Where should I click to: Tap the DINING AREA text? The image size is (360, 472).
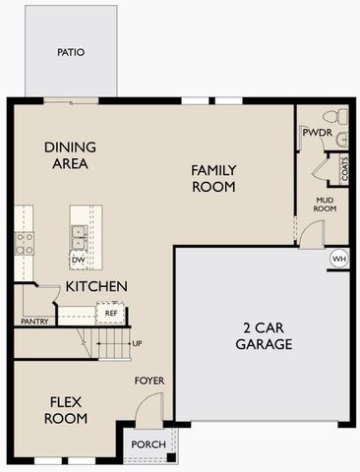[67, 155]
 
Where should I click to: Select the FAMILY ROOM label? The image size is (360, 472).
[212, 177]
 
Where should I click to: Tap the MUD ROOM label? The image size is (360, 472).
[326, 204]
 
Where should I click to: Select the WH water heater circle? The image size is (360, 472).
[339, 259]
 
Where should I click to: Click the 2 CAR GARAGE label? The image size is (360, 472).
[264, 335]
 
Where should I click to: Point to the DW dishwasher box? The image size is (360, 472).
[78, 260]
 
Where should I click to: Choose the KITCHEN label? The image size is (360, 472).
[95, 286]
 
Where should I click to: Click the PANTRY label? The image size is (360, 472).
[34, 321]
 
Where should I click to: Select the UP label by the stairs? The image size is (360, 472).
[136, 343]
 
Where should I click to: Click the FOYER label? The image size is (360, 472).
[150, 381]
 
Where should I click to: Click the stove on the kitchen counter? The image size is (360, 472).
[24, 242]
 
